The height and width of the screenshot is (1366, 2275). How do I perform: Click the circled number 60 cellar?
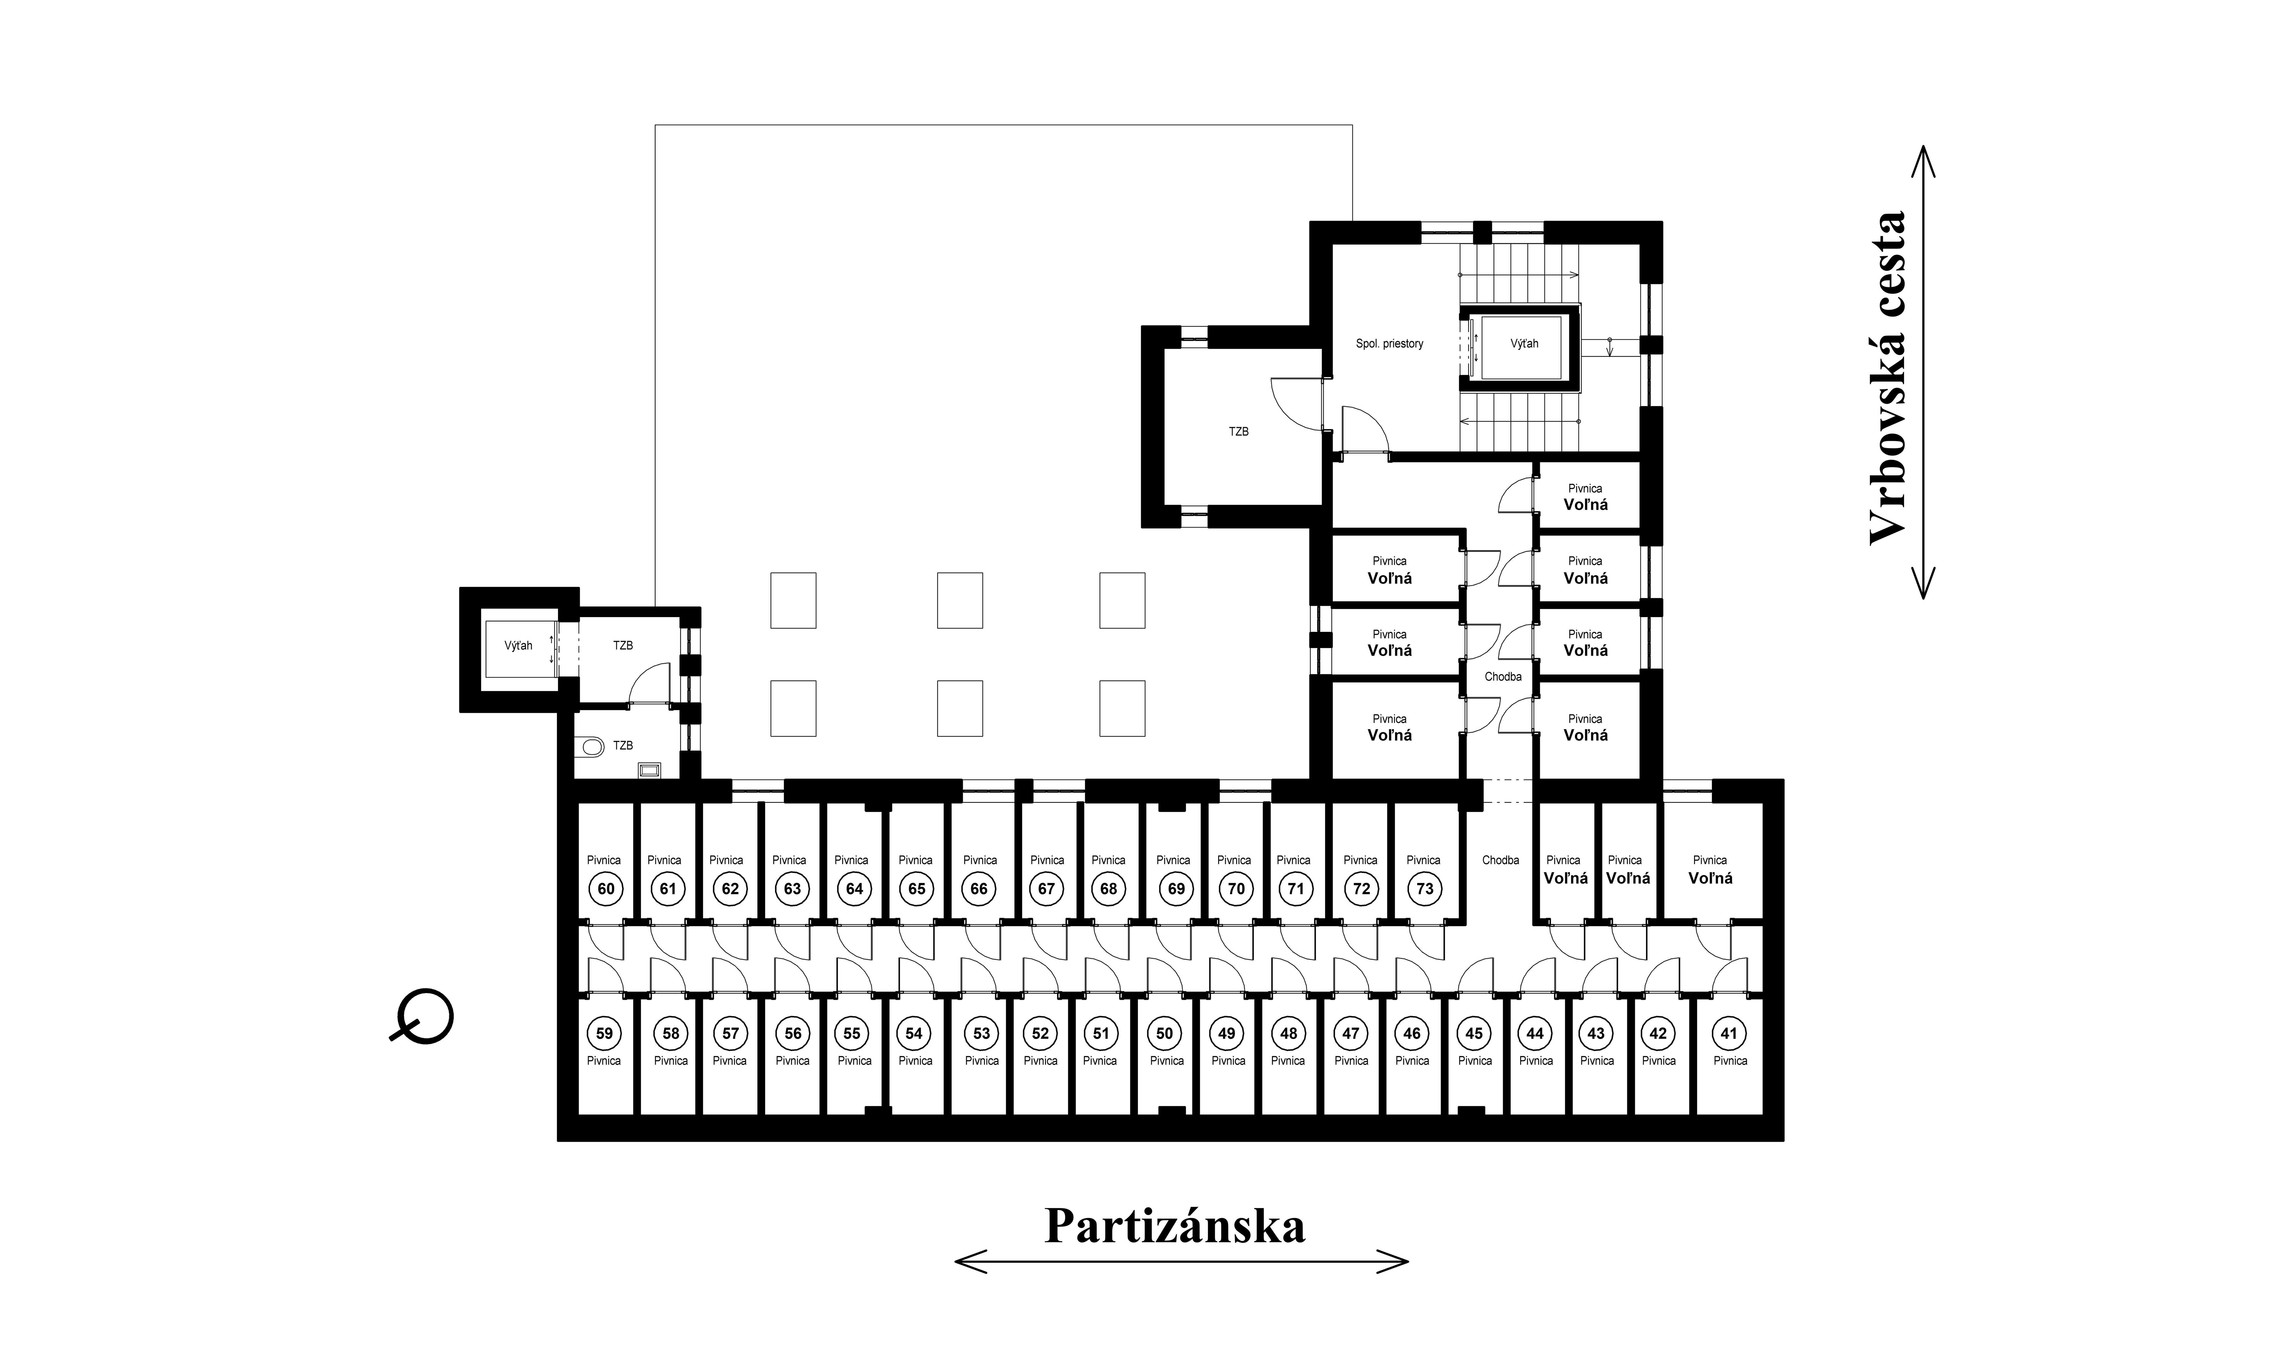coord(606,888)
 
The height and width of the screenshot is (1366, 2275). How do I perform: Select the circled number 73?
coord(1424,888)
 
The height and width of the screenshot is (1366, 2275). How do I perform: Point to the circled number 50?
coord(1165,1033)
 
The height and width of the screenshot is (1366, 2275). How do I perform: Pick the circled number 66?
coord(979,888)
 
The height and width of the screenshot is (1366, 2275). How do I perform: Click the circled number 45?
coord(1474,1033)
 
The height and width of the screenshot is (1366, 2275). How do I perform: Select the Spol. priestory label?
coord(1389,343)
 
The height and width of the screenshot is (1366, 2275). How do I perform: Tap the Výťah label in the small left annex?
coord(518,645)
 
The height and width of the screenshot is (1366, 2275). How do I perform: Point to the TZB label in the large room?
coord(1238,431)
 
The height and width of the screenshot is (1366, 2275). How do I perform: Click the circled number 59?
coord(604,1033)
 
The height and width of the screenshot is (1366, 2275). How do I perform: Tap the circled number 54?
coord(913,1033)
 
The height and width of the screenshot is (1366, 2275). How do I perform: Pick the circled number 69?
coord(1176,888)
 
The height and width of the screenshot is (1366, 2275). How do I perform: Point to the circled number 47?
coord(1350,1033)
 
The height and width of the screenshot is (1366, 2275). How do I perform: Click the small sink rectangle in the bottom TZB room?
coord(650,769)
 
